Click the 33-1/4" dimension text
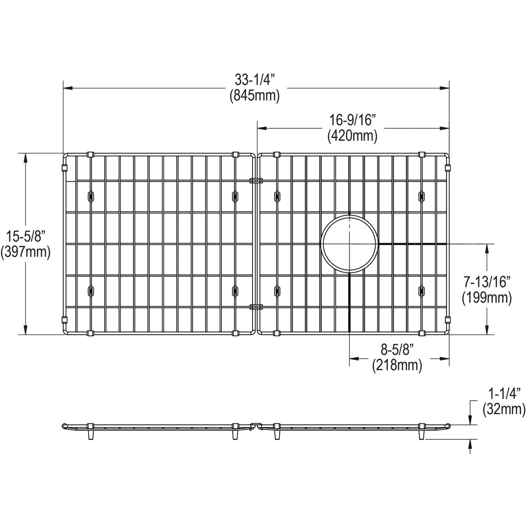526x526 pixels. click(255, 80)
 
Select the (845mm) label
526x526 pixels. click(255, 96)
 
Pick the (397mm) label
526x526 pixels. click(25, 252)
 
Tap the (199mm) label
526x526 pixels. click(487, 298)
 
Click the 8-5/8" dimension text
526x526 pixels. click(397, 350)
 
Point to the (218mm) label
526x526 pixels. click(397, 365)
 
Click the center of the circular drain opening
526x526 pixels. click(349, 244)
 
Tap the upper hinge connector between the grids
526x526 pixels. click(256, 180)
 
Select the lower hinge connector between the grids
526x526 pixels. click(256, 306)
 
